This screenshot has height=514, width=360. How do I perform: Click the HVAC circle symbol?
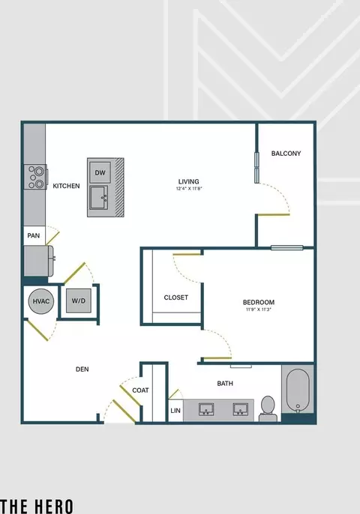(x=41, y=301)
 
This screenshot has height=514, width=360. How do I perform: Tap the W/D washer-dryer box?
(x=79, y=300)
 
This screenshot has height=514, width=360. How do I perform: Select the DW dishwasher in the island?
(x=100, y=172)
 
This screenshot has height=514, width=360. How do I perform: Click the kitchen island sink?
(x=100, y=198)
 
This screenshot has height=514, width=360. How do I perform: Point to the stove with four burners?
(x=35, y=177)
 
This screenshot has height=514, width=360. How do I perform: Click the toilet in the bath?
(x=268, y=408)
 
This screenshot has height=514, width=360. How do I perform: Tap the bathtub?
(x=298, y=390)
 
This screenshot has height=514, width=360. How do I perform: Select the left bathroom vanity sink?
(x=206, y=409)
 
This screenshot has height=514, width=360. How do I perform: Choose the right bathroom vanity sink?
(x=241, y=409)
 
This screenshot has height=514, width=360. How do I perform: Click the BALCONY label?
(x=286, y=153)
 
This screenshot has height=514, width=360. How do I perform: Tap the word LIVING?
(x=189, y=181)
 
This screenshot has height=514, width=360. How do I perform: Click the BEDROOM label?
(x=259, y=302)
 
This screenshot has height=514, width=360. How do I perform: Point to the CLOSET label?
(x=176, y=297)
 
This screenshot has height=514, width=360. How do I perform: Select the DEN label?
(x=82, y=369)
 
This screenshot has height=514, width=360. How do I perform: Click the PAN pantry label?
(x=34, y=235)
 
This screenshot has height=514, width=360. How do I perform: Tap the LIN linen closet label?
(x=175, y=410)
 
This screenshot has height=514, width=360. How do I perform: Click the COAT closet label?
(x=140, y=390)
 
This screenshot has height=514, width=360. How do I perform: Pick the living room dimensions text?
(x=189, y=189)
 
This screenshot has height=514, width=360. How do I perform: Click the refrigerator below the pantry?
(x=38, y=261)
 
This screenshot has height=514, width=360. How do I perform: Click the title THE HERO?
(x=37, y=507)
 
